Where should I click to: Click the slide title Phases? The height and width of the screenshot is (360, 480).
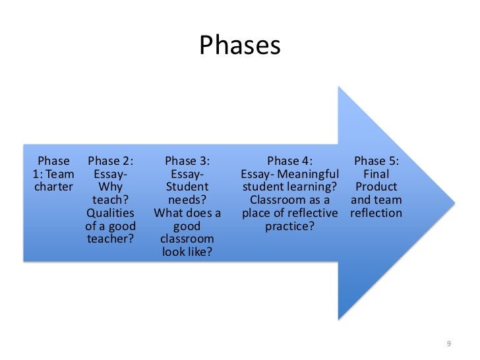240,45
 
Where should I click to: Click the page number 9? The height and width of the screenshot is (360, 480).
449,344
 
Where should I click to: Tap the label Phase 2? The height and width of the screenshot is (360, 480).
111,161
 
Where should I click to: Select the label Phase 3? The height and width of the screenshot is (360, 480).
187,161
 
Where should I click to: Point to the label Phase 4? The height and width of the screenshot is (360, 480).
290,161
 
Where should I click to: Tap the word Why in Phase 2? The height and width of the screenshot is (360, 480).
110,187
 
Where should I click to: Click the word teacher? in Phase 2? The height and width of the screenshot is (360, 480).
110,239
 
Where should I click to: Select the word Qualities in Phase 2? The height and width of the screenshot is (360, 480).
110,213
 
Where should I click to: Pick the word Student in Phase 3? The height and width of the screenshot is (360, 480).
187,187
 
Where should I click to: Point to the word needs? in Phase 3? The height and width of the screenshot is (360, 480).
187,200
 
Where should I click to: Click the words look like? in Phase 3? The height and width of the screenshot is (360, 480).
187,251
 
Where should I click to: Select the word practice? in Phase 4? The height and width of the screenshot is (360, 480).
290,225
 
